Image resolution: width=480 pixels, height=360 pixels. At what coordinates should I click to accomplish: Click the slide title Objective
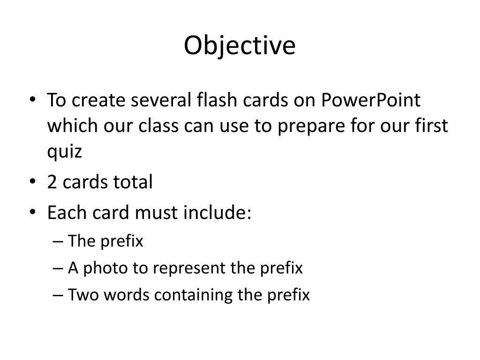[240, 46]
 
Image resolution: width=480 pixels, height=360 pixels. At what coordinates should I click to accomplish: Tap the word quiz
[64, 152]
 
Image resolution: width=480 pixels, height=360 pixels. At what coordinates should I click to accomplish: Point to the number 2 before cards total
[52, 182]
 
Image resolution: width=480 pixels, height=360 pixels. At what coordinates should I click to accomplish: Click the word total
[132, 182]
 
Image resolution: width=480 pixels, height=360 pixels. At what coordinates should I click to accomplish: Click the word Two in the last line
[83, 295]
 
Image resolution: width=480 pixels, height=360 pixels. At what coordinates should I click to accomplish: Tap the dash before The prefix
[59, 242]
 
